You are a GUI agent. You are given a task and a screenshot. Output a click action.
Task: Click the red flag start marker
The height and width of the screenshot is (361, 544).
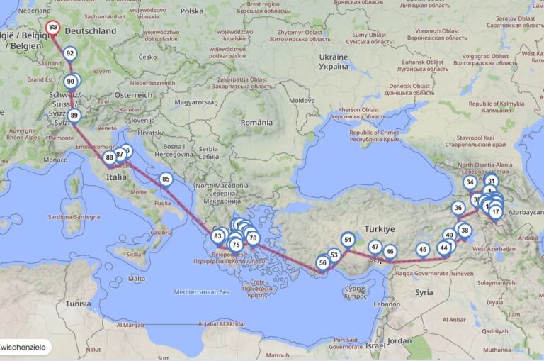[x=53, y=28]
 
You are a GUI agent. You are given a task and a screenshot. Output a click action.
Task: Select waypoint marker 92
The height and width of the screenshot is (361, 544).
[x=69, y=53]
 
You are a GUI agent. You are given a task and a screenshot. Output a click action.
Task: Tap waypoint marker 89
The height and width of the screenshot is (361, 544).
[x=74, y=116]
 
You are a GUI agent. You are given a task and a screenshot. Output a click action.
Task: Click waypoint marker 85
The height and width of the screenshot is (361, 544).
[x=166, y=179]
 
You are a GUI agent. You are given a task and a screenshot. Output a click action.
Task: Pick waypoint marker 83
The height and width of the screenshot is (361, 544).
[x=217, y=236]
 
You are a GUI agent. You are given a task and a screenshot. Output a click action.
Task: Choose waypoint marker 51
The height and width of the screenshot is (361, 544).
[x=347, y=240]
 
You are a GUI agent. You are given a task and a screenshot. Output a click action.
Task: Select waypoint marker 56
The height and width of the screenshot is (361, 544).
[x=322, y=262]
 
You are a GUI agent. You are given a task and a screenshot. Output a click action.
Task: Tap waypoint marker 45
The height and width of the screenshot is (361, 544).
[x=423, y=249]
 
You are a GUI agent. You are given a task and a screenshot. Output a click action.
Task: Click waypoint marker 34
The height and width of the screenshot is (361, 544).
[x=470, y=182]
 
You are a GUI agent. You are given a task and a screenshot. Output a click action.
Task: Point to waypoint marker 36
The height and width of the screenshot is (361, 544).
[x=458, y=208]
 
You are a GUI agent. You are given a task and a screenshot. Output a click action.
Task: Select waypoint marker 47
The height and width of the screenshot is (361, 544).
[x=375, y=247]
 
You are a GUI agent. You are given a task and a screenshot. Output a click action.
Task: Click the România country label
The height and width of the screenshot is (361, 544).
[x=256, y=123]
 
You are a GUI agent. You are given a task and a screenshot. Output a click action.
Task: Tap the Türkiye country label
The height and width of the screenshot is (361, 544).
[x=379, y=229]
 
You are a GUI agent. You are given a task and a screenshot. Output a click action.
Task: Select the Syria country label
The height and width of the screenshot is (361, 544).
[x=424, y=292]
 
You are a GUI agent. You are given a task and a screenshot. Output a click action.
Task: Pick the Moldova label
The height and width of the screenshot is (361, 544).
[x=302, y=101]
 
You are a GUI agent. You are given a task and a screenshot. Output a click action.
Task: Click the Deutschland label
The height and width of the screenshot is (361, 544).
[x=90, y=31]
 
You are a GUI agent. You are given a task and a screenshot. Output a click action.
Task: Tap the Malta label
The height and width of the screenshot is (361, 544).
[x=137, y=279]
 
